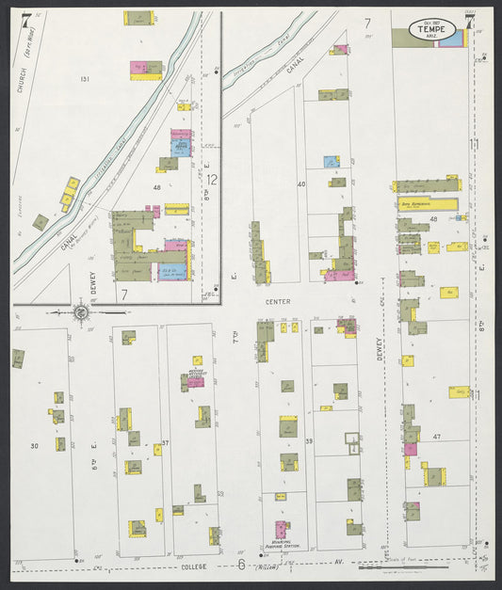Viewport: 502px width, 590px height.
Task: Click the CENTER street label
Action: coord(280,302)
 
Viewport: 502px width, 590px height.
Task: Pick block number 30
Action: coord(34,446)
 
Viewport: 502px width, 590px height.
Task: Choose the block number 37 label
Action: coord(165,443)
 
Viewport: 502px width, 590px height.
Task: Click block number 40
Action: coord(301,184)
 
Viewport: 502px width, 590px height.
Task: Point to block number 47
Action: coord(436,439)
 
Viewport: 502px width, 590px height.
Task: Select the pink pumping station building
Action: coord(282,529)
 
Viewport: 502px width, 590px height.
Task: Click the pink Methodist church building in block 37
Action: coord(195,381)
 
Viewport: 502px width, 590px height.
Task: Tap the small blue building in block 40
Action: coord(331,162)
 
